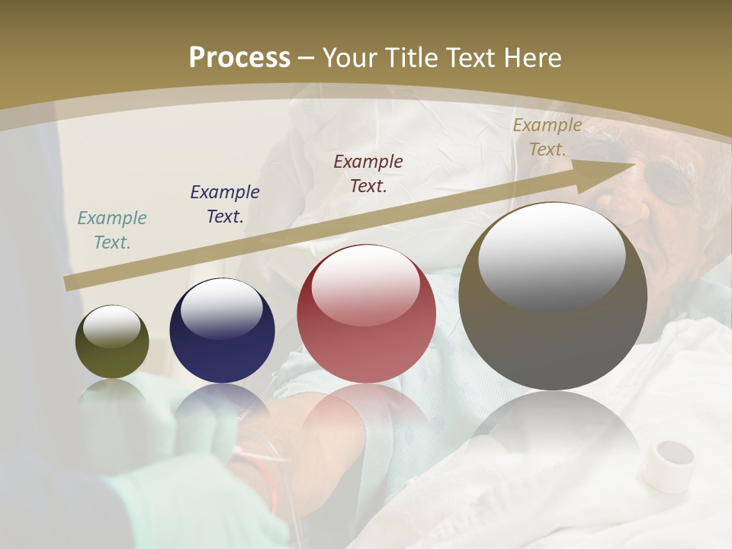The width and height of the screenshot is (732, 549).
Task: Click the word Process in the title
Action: click(x=239, y=57)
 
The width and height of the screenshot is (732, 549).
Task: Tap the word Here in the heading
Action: click(x=531, y=57)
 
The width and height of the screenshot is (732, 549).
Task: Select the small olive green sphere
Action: click(x=112, y=342)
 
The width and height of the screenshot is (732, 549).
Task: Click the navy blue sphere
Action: click(x=222, y=331)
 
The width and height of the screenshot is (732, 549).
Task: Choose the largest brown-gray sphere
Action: click(x=553, y=296)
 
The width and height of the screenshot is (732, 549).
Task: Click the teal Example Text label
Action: click(x=112, y=230)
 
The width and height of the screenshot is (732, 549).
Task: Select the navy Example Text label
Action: click(x=225, y=204)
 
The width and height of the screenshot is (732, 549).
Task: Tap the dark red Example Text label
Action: click(x=368, y=173)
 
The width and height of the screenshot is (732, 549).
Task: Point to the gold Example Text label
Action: click(x=547, y=137)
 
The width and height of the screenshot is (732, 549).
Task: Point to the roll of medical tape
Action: click(x=667, y=465)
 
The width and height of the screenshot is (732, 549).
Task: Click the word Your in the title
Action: click(x=351, y=57)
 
